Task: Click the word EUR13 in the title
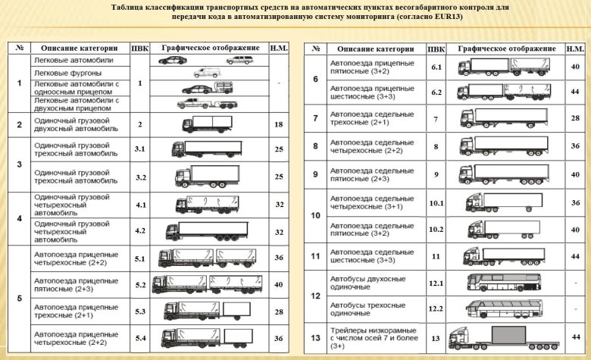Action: [x=448, y=17]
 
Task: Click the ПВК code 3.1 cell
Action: [x=140, y=149]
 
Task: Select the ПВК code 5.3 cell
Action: [x=140, y=311]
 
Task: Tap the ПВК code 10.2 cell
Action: [x=436, y=229]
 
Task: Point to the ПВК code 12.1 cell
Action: [x=436, y=283]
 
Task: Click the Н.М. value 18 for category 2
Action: [x=279, y=124]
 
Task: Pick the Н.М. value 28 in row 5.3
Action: [x=279, y=311]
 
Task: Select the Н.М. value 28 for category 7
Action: [x=575, y=118]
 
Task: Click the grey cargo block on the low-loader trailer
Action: [x=508, y=335]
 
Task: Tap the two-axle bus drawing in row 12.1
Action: [x=504, y=283]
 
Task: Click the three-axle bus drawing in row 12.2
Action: [x=504, y=308]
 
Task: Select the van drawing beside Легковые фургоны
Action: [x=207, y=73]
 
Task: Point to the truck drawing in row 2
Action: [x=207, y=124]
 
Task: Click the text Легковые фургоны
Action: [x=68, y=73]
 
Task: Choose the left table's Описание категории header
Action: [x=79, y=49]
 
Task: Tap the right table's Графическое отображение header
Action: [x=507, y=49]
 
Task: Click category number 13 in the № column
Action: [x=315, y=338]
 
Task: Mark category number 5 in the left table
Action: [x=19, y=298]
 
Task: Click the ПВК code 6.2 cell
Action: [x=436, y=92]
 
